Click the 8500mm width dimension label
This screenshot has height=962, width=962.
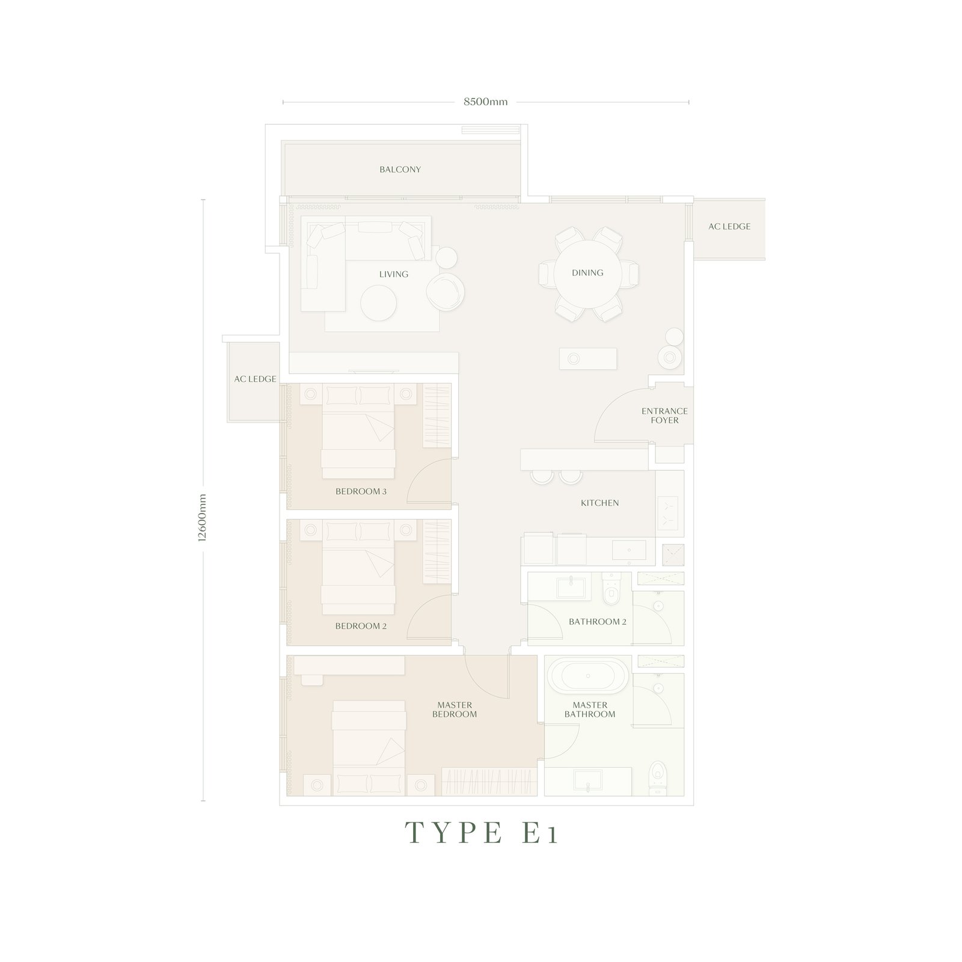485,102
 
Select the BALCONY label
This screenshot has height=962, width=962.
400,170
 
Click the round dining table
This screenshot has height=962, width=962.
587,273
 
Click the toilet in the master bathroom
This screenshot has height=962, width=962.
658,775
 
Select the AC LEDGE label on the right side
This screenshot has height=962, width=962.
729,227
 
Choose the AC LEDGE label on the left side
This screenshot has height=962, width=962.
255,379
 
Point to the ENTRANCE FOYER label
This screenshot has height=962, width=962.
664,415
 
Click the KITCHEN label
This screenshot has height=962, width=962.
599,503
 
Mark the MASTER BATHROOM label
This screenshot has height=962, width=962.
589,709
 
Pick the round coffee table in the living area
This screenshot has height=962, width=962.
378,302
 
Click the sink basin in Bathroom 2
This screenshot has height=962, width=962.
567,586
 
